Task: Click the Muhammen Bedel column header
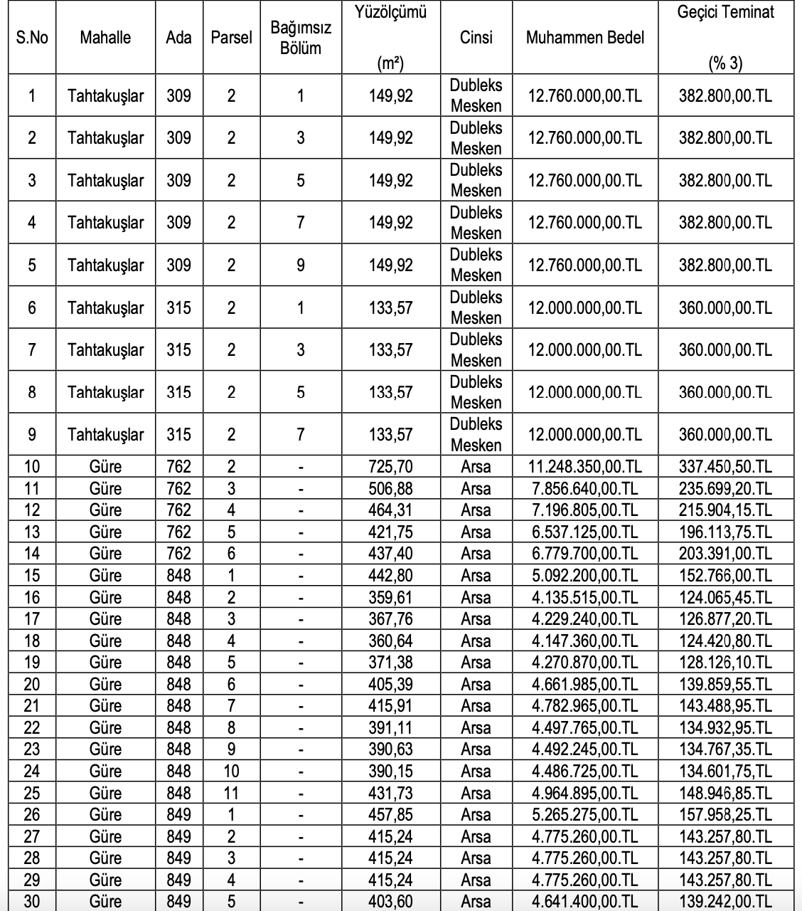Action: tap(584, 38)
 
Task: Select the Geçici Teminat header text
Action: tap(725, 12)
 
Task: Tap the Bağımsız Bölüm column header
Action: tap(300, 38)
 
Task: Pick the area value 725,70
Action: tap(390, 467)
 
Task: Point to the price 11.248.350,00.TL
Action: tap(584, 467)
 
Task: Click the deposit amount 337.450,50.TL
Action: tap(725, 467)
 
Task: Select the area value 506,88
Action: tap(390, 489)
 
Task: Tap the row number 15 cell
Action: tap(32, 576)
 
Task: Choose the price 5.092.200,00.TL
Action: tap(584, 576)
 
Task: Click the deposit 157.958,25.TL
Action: tap(725, 815)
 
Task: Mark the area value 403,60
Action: tap(390, 902)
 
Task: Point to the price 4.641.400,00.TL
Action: tap(584, 902)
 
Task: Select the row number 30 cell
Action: tap(32, 902)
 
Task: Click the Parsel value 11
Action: tap(231, 793)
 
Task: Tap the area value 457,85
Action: tap(390, 815)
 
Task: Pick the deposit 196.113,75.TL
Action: tap(725, 532)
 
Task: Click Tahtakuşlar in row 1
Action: tap(105, 95)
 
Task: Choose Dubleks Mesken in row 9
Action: tap(476, 435)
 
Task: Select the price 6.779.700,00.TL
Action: tap(584, 554)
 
